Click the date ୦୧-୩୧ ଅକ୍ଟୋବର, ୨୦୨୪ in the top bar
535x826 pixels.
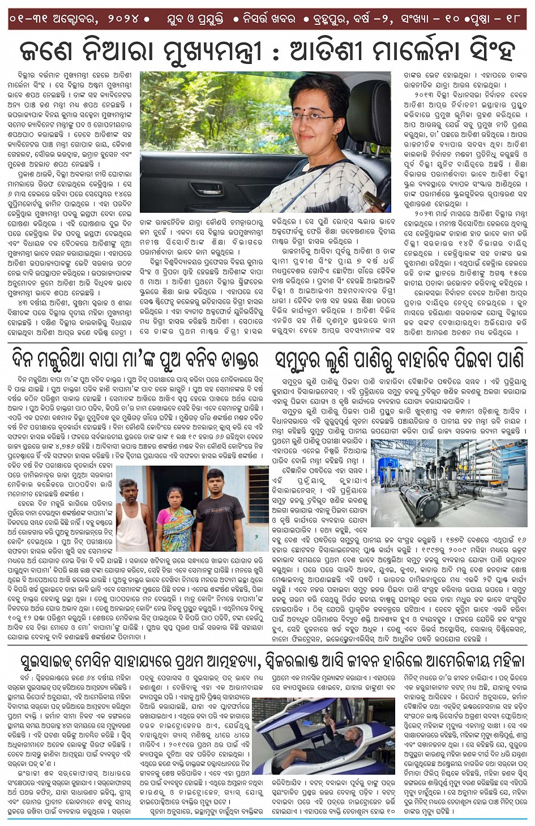74,19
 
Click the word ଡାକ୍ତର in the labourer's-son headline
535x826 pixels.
229,359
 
